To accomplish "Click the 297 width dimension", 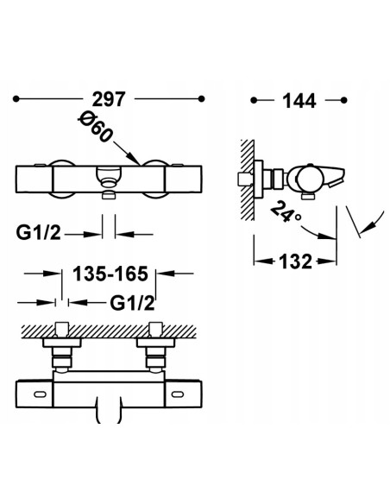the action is [108, 99].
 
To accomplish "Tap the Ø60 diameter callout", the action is [95, 127].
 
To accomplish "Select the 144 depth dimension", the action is [299, 101].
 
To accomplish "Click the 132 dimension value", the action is [296, 261].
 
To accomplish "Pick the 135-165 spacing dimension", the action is [110, 274].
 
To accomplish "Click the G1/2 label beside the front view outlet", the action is [38, 233].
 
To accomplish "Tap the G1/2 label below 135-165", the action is [132, 303].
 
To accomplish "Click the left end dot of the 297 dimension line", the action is [16, 99].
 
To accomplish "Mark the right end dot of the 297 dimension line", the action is [201, 99].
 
